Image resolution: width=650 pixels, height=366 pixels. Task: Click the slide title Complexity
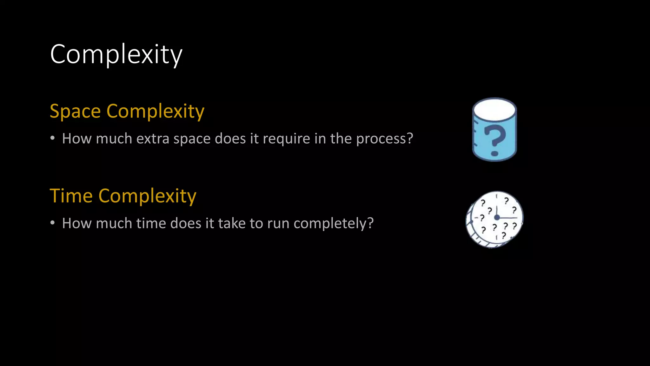coord(116,54)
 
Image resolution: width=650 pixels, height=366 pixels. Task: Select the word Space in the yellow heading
coord(75,111)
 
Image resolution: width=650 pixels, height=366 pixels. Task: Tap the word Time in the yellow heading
coord(71,196)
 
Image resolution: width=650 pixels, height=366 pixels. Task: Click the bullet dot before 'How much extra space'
coord(52,138)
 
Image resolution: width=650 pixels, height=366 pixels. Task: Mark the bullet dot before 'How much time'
coord(52,223)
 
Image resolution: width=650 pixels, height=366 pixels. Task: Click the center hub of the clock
coord(497,218)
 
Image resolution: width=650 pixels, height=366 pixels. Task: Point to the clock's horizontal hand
coord(508,218)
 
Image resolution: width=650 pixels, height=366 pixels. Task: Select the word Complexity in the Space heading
coord(155,111)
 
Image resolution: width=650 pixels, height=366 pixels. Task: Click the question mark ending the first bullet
coord(410,139)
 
